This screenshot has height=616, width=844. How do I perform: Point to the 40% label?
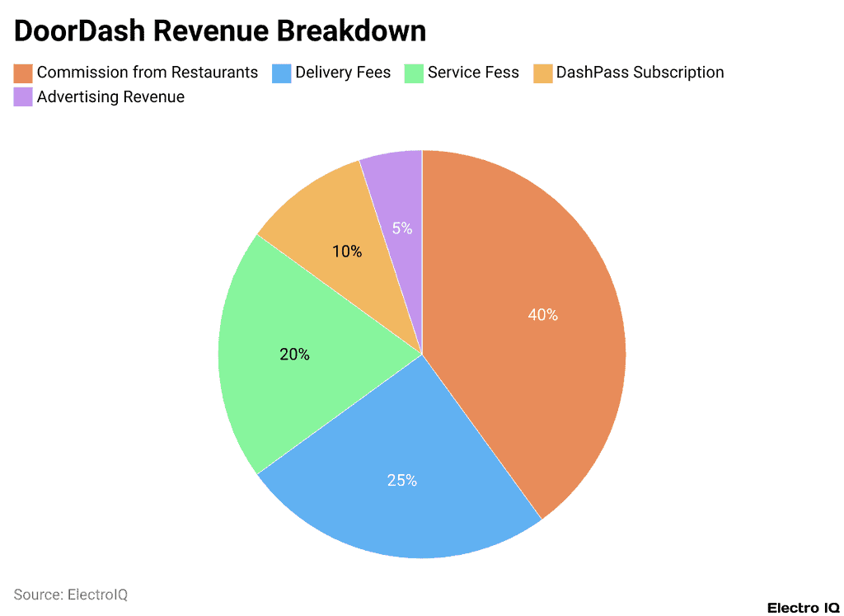click(542, 315)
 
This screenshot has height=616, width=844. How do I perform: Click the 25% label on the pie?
click(402, 480)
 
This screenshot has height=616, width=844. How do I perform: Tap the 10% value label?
click(347, 252)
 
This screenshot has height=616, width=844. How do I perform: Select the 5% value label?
click(402, 228)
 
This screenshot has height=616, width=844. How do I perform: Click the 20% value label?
click(294, 355)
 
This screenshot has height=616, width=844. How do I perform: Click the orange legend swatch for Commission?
click(23, 73)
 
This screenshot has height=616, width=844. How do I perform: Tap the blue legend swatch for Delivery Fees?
click(282, 73)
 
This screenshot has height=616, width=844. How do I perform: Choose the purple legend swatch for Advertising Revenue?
click(23, 97)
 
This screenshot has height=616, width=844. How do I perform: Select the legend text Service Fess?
click(473, 73)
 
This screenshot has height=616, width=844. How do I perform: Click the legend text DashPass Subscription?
click(640, 73)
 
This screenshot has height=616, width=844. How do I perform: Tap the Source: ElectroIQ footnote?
click(71, 595)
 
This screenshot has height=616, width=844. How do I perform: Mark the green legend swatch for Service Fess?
click(414, 73)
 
